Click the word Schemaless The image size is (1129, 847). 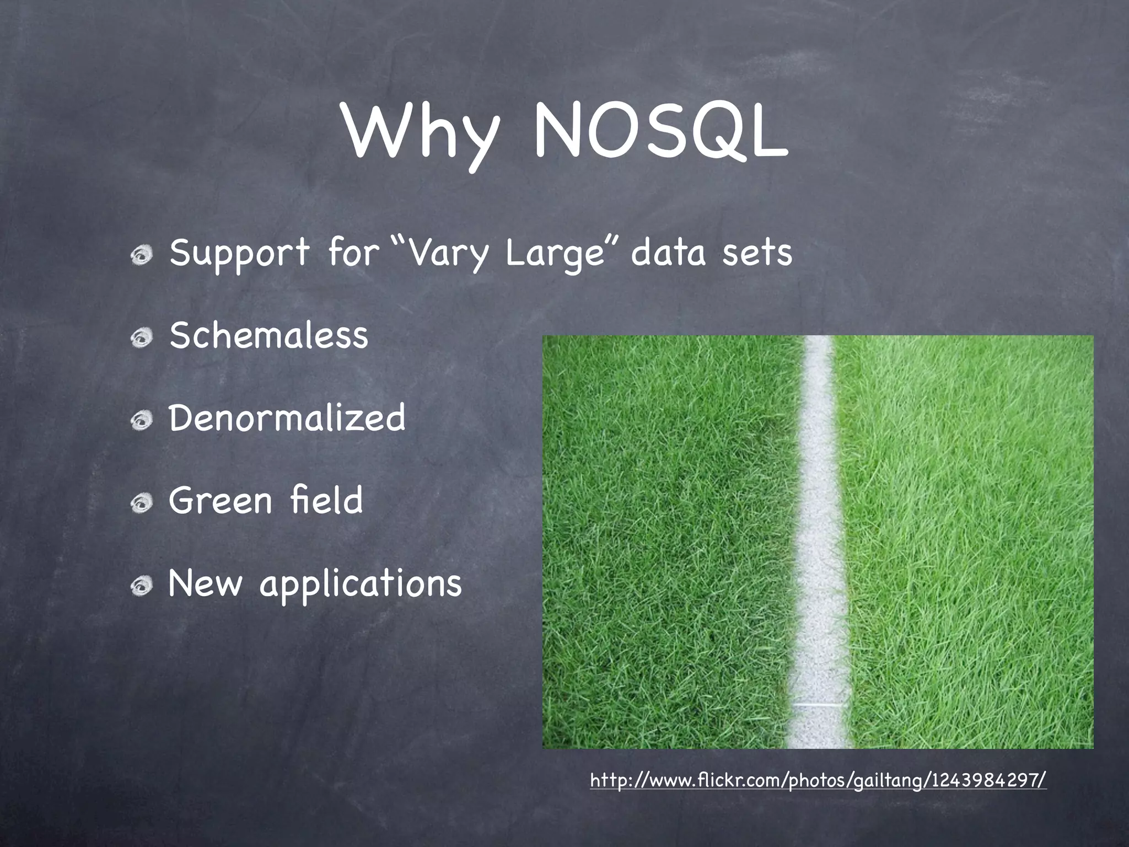tap(268, 335)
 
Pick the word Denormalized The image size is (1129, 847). tap(287, 417)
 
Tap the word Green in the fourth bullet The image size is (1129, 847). tap(221, 500)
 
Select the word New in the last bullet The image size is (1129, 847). tap(205, 583)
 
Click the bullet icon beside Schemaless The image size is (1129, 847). tap(142, 338)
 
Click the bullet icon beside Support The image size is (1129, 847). tap(142, 255)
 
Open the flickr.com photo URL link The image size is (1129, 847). tap(818, 780)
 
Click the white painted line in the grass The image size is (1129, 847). tap(814, 540)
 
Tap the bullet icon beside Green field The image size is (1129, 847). tap(142, 503)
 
